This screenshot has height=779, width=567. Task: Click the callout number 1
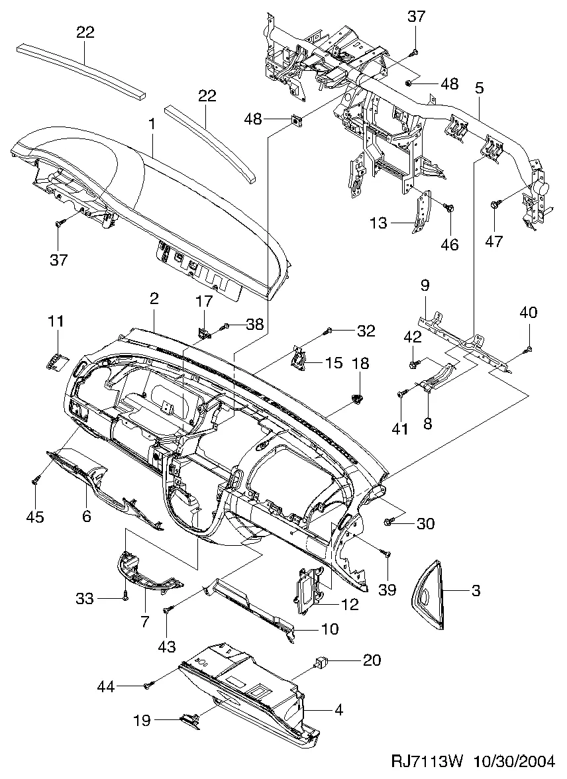151,124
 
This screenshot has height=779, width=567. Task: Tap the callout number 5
479,87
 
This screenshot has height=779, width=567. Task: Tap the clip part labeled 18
358,397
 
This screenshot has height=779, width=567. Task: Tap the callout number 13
378,224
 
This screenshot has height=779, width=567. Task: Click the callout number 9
425,286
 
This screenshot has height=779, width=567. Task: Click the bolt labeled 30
389,523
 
